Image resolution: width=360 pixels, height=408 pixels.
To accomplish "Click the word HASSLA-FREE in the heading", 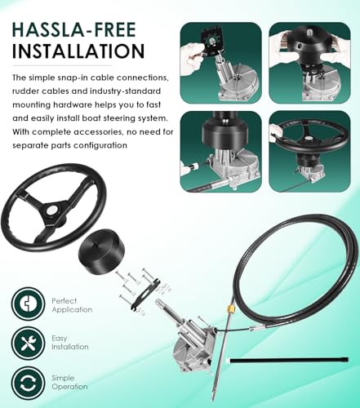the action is (x=74, y=29).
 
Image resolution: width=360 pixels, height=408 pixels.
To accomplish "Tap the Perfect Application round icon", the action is (x=28, y=304).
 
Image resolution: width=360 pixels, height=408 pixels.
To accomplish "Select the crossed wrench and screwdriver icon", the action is (x=28, y=343).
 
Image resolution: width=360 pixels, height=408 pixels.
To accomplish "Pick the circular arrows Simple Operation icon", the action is (x=28, y=383).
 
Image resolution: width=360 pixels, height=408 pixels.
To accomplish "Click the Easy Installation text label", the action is (x=70, y=343).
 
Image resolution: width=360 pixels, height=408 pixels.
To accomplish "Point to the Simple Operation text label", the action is (x=69, y=382).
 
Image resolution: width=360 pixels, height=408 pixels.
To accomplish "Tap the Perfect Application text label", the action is (x=72, y=305).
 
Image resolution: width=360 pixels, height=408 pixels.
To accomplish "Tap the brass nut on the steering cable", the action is (x=231, y=308).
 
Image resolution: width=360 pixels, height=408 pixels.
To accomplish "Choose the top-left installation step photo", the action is (x=221, y=63).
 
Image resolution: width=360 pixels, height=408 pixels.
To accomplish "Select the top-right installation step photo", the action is (x=309, y=63).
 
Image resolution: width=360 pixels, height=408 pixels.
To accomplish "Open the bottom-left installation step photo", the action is (x=221, y=152).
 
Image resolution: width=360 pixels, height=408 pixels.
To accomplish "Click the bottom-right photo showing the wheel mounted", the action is (x=309, y=152).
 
